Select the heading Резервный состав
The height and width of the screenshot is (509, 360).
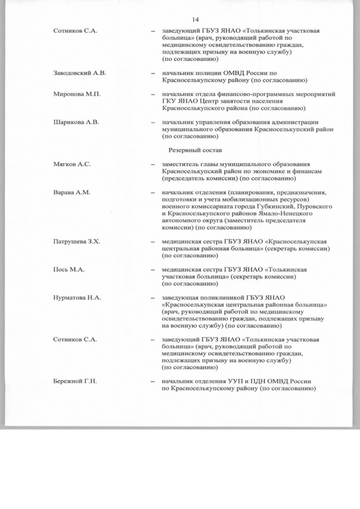(195, 150)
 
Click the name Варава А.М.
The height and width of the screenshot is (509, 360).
(68, 192)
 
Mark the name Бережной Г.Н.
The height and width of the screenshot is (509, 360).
(72, 381)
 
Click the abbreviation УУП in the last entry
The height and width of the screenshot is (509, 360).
(232, 381)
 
